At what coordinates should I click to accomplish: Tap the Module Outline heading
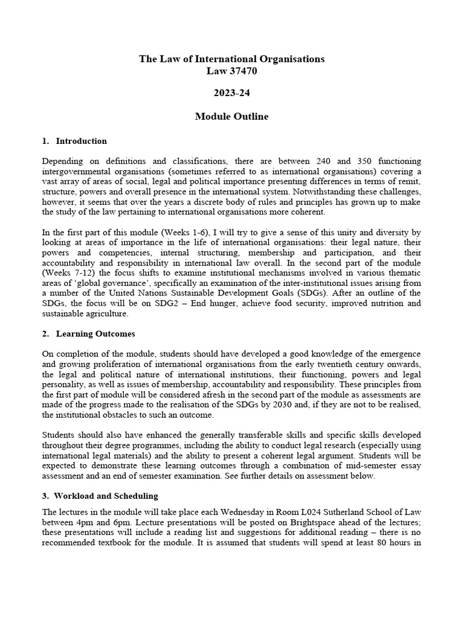(x=232, y=116)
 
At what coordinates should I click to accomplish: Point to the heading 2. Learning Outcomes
(x=88, y=334)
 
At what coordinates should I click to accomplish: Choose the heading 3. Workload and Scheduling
(x=100, y=496)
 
